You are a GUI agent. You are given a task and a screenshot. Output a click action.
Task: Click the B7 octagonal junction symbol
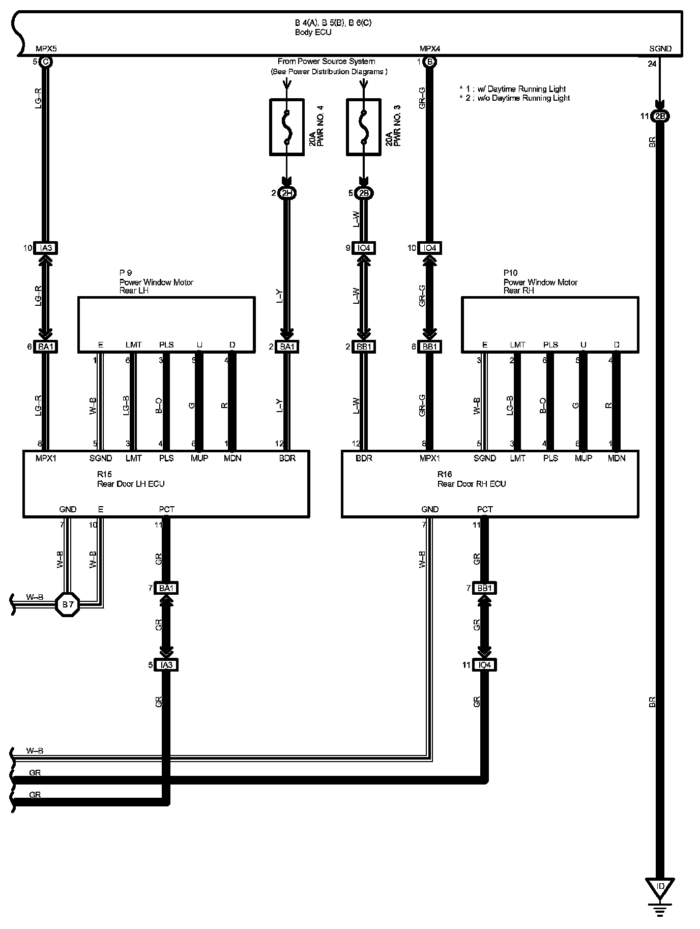tap(68, 604)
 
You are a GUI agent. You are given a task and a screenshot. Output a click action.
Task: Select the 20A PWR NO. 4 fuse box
tap(286, 127)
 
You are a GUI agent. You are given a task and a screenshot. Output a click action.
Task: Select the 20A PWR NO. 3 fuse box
tap(363, 127)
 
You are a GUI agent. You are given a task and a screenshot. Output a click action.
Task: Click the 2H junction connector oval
tap(287, 193)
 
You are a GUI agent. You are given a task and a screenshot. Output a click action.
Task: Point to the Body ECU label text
tap(313, 32)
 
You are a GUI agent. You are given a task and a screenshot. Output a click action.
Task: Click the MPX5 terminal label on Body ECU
tap(46, 49)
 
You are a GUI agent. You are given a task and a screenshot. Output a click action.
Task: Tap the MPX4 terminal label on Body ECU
tap(430, 49)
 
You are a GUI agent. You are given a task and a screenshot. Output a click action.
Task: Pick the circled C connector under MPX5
tap(46, 62)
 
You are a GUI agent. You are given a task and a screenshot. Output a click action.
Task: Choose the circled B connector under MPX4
tap(430, 62)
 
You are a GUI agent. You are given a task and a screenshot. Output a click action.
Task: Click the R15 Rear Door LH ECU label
tap(131, 479)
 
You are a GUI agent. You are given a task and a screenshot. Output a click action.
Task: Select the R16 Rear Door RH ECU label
tap(471, 479)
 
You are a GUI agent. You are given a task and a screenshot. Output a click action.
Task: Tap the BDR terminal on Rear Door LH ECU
tap(287, 458)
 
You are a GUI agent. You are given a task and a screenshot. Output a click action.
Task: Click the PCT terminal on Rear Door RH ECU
tap(485, 509)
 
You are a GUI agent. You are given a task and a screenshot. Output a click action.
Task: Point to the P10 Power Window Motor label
tap(540, 282)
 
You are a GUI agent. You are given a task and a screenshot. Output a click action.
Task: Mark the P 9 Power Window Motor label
tap(156, 282)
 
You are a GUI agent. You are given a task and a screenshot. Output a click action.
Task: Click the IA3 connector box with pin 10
tap(46, 248)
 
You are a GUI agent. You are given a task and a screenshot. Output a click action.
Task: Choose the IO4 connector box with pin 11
tap(484, 665)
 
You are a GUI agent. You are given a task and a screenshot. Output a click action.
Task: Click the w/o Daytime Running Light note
tap(514, 98)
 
